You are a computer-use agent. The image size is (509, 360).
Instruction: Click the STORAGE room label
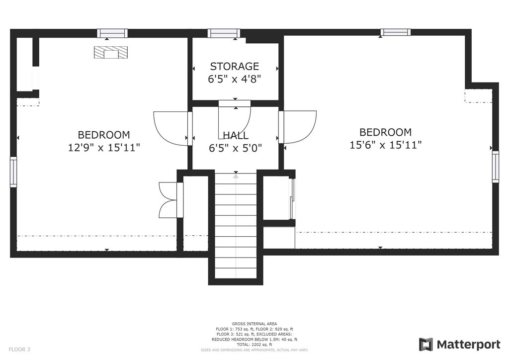click(x=235, y=66)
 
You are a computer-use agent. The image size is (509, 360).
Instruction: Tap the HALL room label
click(x=236, y=135)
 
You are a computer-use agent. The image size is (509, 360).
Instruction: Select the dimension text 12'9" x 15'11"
click(x=104, y=148)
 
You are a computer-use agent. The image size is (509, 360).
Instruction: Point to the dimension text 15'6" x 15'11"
click(x=385, y=145)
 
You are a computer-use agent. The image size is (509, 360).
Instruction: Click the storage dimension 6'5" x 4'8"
click(x=235, y=79)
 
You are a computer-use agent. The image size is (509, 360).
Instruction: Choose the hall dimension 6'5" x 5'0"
click(x=235, y=148)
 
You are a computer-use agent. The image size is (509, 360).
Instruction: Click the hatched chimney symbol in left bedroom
click(x=111, y=53)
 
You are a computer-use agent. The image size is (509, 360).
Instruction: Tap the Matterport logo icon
click(x=425, y=345)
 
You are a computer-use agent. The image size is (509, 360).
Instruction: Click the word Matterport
click(x=468, y=345)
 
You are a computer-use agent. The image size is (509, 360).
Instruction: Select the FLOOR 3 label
click(x=19, y=350)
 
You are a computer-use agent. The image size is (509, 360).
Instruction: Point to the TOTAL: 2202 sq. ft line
click(x=254, y=345)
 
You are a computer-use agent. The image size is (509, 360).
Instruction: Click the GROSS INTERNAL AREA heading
click(x=254, y=324)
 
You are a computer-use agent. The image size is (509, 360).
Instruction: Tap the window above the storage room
click(x=224, y=33)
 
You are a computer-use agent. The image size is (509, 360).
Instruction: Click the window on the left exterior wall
click(x=13, y=172)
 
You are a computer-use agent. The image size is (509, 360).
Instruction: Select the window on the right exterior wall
click(x=496, y=167)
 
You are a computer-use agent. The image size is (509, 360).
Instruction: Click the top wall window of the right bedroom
click(x=395, y=32)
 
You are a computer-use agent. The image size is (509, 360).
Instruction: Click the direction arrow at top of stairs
click(x=236, y=176)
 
